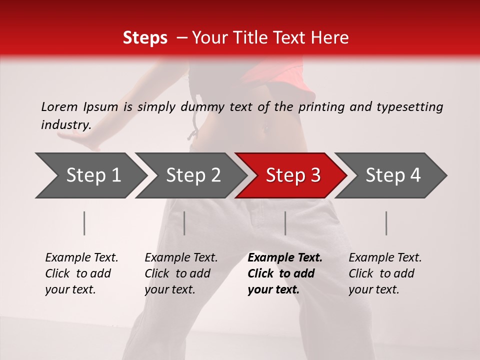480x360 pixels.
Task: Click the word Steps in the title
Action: coord(145,38)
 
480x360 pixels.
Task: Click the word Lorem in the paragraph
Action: coord(59,106)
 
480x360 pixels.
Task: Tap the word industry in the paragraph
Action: coord(65,125)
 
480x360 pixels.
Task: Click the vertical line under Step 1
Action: coord(84,223)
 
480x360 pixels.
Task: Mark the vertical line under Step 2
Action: coord(184,223)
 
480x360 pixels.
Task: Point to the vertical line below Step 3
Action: coord(285,223)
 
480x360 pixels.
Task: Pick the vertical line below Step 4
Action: coord(386,223)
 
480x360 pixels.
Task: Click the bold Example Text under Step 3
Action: coord(285,258)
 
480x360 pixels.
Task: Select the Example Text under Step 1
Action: coord(81,258)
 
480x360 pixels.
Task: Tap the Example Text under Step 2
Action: coord(181,258)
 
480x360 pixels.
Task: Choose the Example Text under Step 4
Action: coord(385,258)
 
